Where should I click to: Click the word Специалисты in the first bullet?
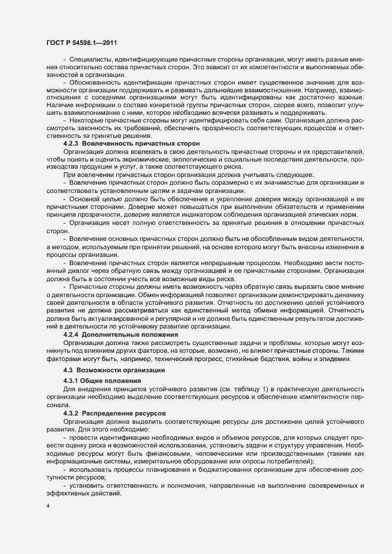click(90, 60)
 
